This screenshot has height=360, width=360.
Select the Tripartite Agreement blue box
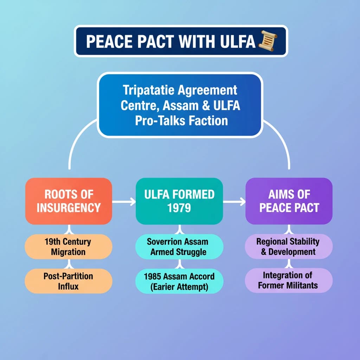(180, 105)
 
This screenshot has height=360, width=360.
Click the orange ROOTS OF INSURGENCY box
(69, 201)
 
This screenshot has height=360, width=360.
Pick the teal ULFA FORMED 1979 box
(179, 201)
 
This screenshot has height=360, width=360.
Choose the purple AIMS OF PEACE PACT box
(289, 201)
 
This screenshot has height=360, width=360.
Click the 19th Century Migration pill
(68, 247)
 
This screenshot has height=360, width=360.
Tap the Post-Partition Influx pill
(68, 281)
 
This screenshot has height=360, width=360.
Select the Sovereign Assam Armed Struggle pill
(179, 247)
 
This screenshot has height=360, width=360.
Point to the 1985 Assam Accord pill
(179, 281)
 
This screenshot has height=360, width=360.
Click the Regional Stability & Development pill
(288, 246)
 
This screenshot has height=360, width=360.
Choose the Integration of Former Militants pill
(288, 280)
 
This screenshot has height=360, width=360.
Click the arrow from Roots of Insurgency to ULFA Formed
(124, 202)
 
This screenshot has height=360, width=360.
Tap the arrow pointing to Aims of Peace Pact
(234, 202)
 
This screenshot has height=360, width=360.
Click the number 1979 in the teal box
(179, 208)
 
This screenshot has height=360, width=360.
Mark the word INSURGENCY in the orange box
(69, 207)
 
